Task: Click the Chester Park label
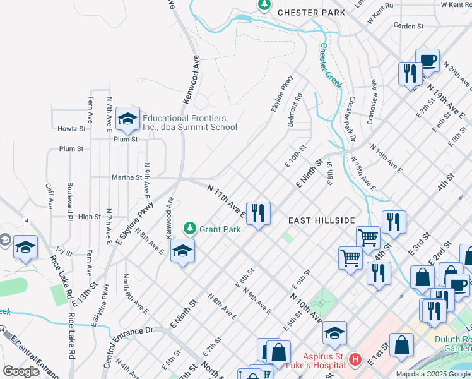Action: (311, 12)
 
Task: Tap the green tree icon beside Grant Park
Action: (189, 227)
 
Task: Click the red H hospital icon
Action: (355, 359)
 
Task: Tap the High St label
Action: (89, 217)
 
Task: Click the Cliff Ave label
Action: (49, 196)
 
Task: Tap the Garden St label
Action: (407, 26)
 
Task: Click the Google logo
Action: (21, 371)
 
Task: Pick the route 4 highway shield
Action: (27, 220)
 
